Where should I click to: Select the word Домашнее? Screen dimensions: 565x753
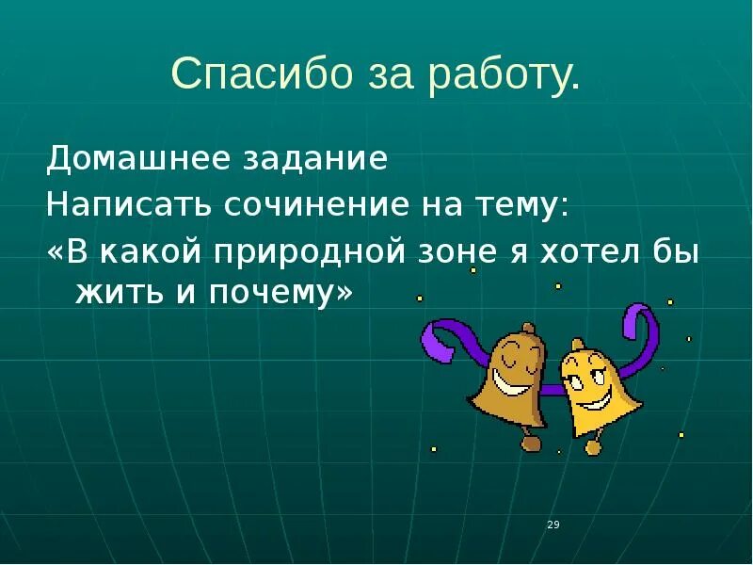point(118,158)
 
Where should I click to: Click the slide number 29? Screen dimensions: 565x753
point(553,525)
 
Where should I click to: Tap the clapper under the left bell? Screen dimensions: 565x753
point(532,442)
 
